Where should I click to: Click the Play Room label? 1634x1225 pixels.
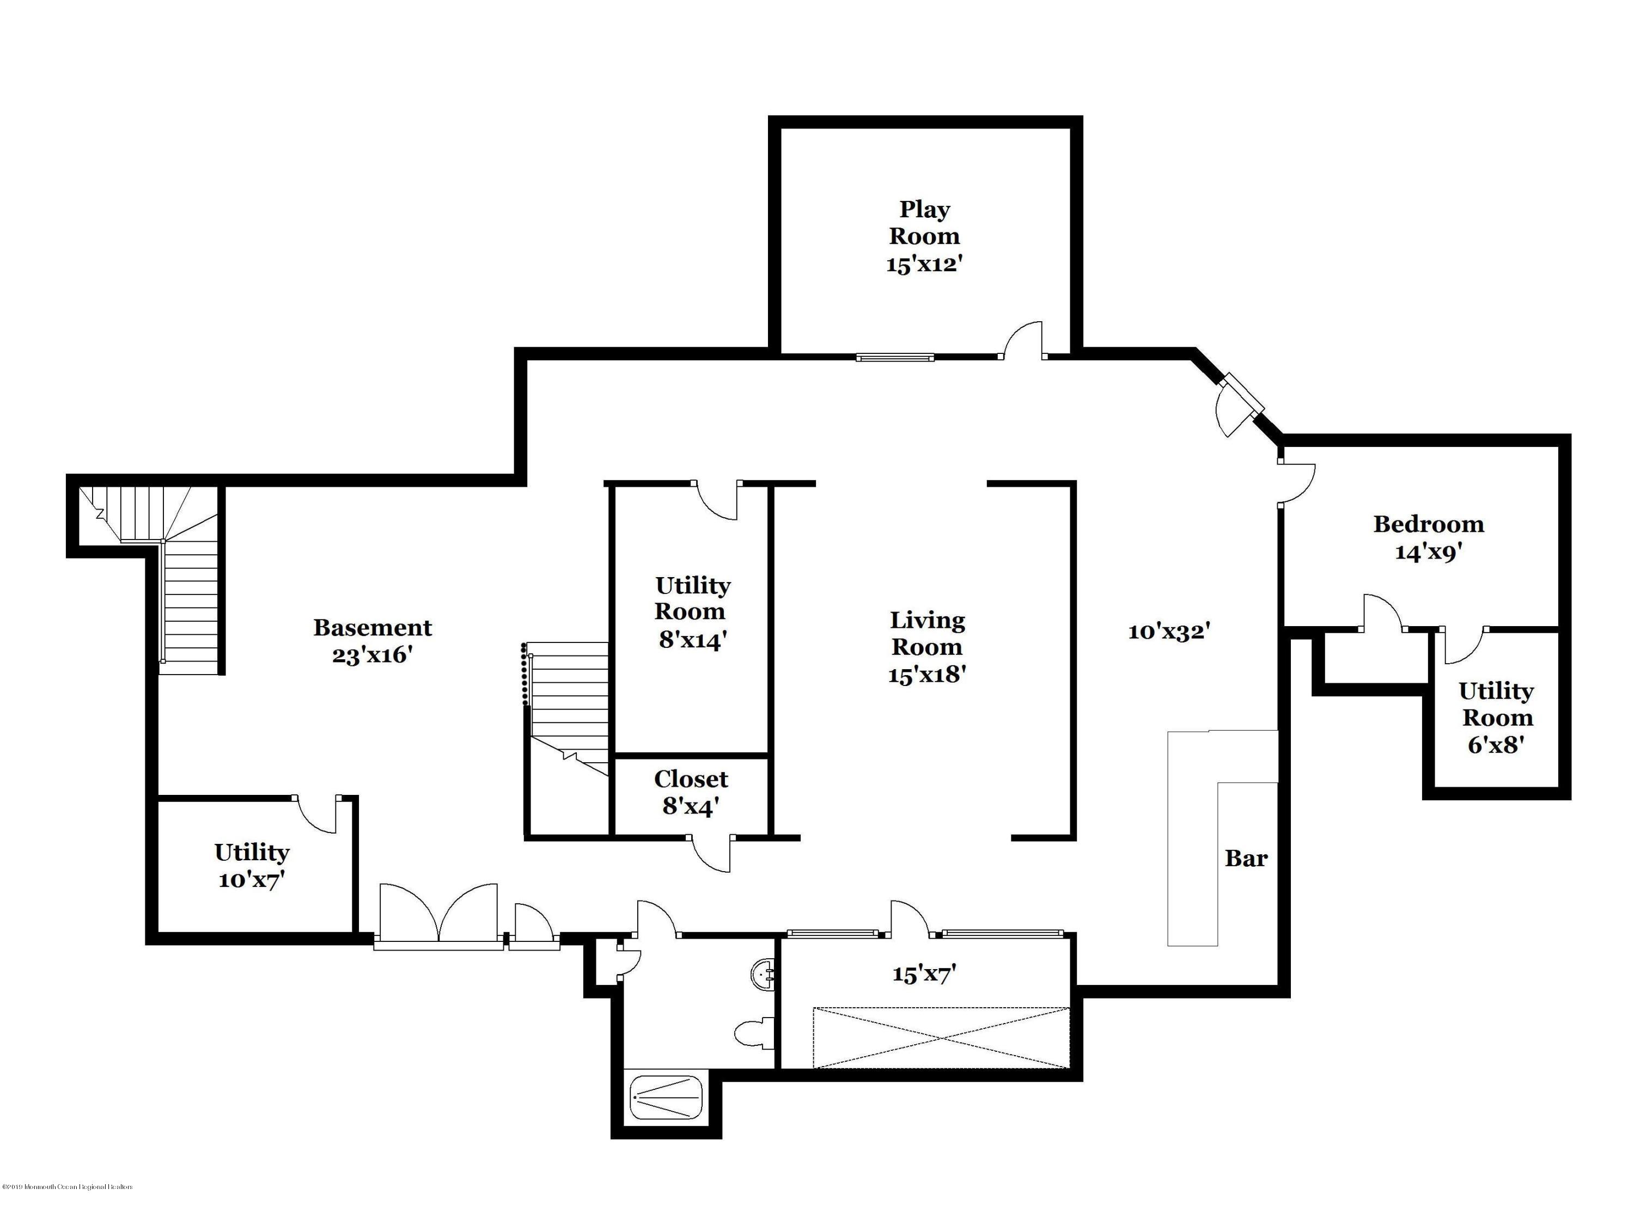[x=924, y=236]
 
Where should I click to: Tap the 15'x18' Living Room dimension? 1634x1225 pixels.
[x=927, y=674]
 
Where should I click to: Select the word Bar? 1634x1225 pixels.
[x=1246, y=858]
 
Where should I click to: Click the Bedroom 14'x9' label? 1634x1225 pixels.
[x=1428, y=537]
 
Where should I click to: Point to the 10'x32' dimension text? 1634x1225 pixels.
[x=1169, y=632]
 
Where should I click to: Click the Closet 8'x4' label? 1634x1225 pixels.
[x=691, y=792]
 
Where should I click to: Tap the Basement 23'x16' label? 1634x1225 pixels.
[x=373, y=640]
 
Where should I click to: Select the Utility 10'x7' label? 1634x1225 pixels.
[x=251, y=866]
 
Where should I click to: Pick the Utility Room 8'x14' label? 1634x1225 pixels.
[x=692, y=612]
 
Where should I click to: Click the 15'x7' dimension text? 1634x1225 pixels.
[x=924, y=974]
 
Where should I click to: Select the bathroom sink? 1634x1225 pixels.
[x=763, y=974]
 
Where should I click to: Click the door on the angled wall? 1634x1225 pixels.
[x=1235, y=411]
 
